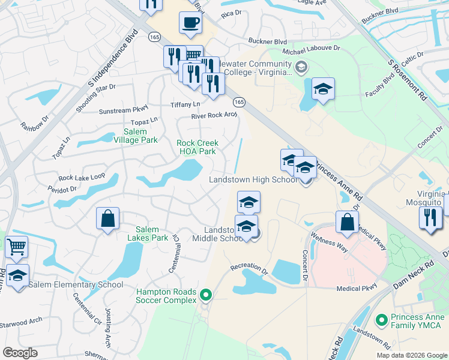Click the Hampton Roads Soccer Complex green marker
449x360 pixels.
[206, 295]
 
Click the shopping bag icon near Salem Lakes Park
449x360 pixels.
[107, 220]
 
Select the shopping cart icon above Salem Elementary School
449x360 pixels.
[17, 247]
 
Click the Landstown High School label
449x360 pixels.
[253, 180]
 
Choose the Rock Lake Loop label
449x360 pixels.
[82, 178]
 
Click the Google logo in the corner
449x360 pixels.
[20, 353]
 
